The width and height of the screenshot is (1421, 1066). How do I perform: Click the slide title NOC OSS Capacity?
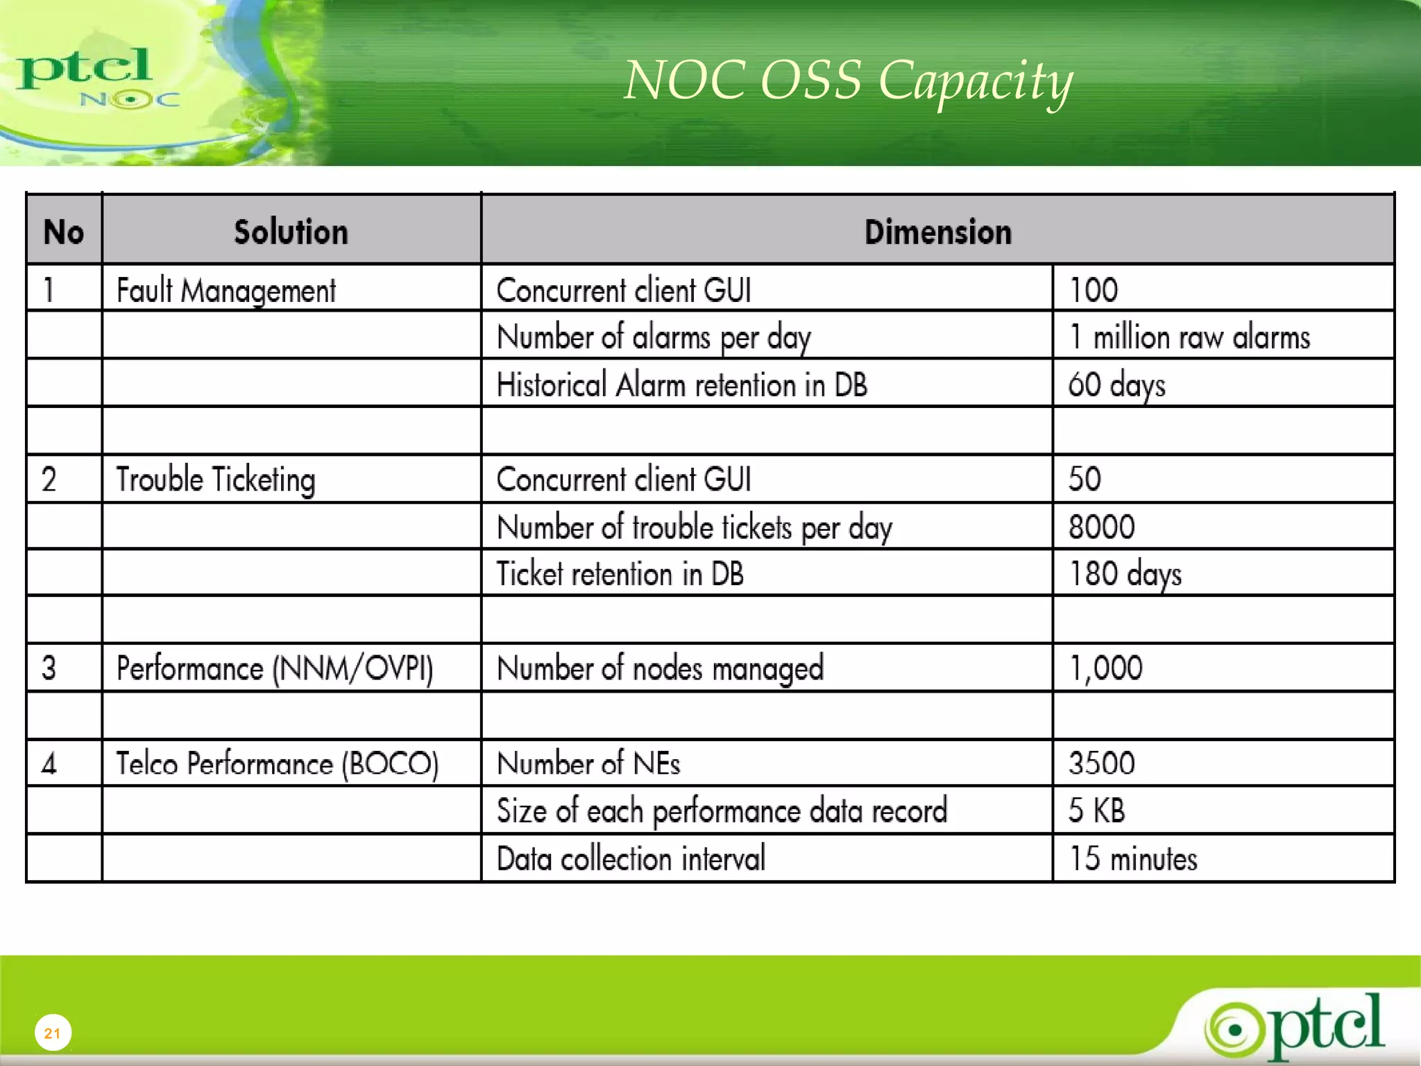point(848,81)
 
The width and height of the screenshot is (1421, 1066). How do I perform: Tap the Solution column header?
point(291,232)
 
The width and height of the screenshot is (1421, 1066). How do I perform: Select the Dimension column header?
point(937,232)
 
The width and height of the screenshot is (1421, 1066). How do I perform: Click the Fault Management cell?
point(226,290)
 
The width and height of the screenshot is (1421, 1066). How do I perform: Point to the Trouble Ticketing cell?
point(215,480)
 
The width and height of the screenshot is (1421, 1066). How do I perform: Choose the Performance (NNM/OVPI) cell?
point(275,668)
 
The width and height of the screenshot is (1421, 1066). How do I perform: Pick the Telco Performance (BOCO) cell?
point(277,763)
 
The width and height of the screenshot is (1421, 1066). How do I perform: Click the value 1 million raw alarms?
point(1189,337)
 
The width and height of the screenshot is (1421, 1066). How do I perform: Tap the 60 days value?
point(1116,385)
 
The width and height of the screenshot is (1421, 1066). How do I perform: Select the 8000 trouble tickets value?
point(1101,527)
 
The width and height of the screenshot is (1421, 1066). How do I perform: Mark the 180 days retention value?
point(1125,575)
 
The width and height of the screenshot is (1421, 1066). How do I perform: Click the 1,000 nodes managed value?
point(1105,668)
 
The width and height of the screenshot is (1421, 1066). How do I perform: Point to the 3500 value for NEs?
point(1101,763)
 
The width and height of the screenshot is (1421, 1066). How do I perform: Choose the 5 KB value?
point(1096,811)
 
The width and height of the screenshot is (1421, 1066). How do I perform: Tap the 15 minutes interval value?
point(1133,858)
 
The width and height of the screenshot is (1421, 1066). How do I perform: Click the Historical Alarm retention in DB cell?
point(682,385)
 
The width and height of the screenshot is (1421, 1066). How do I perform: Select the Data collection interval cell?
point(631,858)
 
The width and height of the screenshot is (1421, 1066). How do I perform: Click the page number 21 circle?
point(53,1033)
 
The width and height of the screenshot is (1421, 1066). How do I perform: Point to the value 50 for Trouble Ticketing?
point(1084,480)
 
